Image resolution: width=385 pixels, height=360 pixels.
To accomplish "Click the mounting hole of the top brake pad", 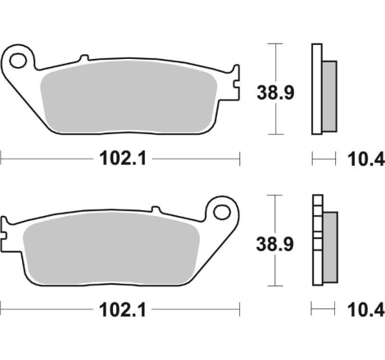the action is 18,61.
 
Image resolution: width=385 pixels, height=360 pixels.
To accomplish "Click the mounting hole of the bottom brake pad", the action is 222,212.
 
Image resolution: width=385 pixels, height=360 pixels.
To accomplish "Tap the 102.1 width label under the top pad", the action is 123,159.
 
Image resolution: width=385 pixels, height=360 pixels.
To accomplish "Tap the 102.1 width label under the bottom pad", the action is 123,310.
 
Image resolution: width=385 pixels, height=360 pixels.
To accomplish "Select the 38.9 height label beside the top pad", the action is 275,92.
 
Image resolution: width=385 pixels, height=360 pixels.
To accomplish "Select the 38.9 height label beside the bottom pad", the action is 274,244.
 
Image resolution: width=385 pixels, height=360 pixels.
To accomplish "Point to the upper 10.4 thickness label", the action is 366,160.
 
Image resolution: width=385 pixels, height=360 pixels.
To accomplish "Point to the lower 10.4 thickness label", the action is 366,310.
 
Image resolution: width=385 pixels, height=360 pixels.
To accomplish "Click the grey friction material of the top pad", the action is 129,97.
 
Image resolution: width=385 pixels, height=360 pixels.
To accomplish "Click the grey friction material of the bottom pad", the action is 111,248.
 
